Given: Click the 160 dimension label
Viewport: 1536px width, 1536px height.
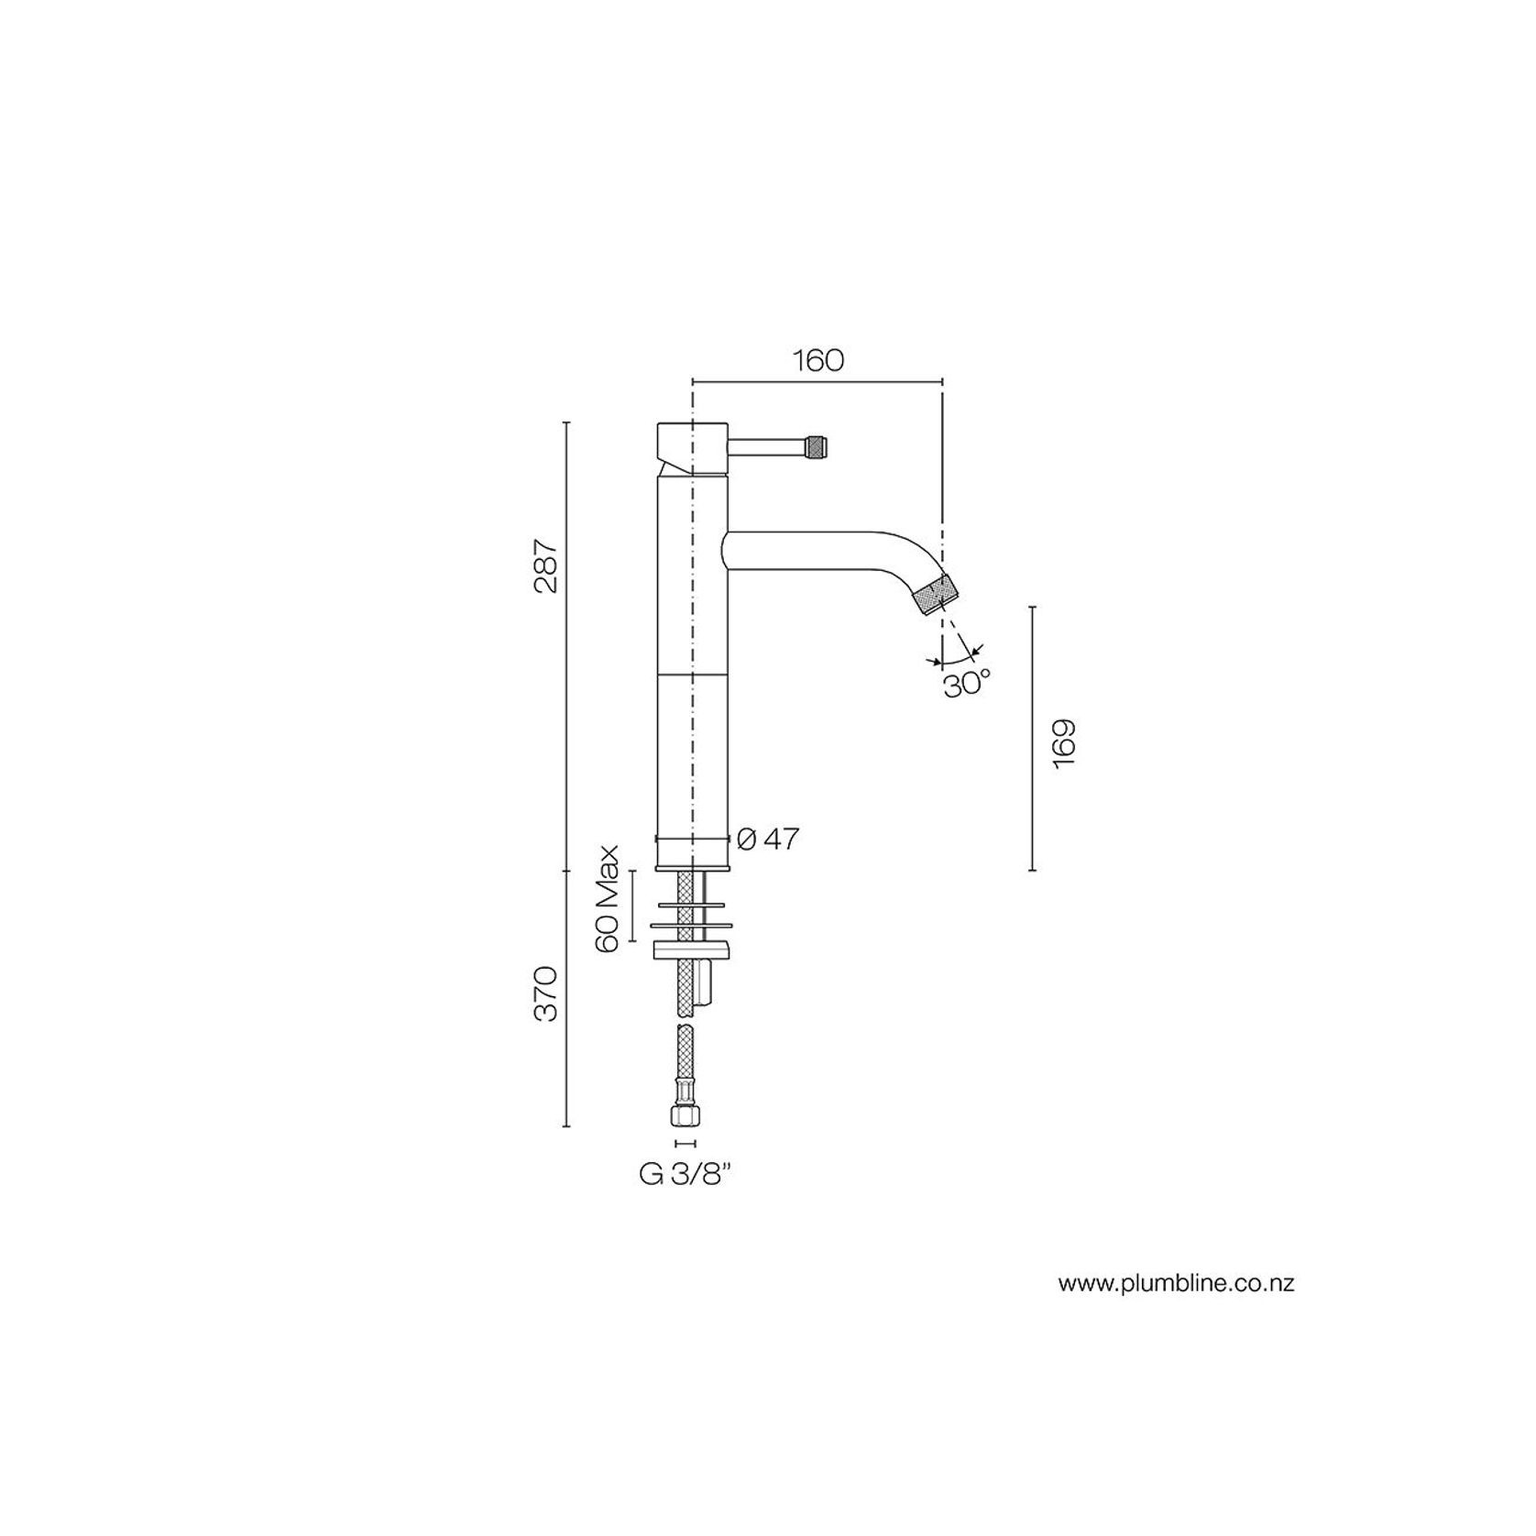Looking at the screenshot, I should coord(817,360).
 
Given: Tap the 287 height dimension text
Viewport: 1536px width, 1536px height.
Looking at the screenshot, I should coord(546,566).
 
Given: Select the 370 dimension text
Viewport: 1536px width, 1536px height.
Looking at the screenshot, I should coord(546,993).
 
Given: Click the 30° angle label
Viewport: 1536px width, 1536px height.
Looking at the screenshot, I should coord(967,684).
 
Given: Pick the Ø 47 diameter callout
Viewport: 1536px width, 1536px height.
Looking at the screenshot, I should coord(768,839).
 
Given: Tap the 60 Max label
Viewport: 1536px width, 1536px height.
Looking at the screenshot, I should coord(609,899).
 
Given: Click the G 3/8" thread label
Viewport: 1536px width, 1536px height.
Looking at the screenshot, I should coord(685,1176).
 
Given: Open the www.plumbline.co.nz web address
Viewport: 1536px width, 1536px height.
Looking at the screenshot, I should coord(1176,1284).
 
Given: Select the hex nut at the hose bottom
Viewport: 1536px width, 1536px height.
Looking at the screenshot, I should coord(686,1115).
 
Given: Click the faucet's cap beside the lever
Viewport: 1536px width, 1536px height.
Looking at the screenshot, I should coord(692,446).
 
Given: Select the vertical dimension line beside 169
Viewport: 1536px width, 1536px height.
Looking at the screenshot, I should coord(1033,738).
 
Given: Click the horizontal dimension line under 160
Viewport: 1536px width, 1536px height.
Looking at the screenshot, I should coord(817,380).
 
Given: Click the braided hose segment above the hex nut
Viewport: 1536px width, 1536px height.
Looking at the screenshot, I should coord(686,1063).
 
